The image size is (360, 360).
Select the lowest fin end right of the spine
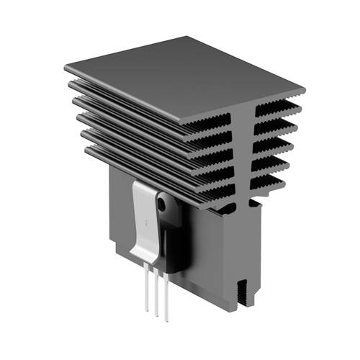269,184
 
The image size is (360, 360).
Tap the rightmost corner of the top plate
303,91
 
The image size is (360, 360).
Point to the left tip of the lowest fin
87,151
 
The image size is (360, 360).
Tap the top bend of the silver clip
144,184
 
